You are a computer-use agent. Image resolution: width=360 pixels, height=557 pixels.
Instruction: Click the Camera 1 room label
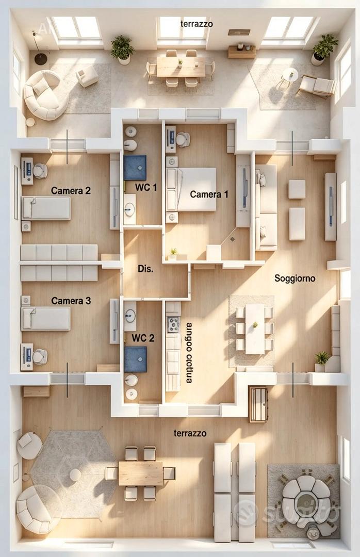pos(209,194)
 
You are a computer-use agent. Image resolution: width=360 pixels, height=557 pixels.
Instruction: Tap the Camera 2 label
pos(71,191)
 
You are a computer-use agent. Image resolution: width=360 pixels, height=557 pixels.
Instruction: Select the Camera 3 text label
pos(71,301)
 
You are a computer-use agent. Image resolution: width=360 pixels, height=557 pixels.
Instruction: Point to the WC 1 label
pos(146,187)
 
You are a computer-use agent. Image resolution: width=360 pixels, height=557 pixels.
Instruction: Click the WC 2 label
pos(143,338)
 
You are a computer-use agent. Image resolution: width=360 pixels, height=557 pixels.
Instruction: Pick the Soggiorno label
pos(294,278)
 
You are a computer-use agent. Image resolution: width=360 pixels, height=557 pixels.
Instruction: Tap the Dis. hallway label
pos(146,269)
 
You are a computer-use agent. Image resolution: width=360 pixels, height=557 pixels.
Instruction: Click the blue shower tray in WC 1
pos(135,167)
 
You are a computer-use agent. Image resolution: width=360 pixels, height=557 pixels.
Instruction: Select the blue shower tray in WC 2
pos(136,359)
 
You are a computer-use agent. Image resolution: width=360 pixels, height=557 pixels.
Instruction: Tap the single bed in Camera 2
pos(46,208)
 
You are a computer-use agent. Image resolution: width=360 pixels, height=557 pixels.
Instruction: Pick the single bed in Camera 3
pos(46,319)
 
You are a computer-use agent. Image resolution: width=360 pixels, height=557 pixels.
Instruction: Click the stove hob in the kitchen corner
pos(173,324)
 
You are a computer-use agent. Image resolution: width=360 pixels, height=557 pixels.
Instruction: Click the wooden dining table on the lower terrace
pos(140,473)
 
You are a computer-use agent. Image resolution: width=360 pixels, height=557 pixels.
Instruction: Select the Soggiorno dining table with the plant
pos(255,329)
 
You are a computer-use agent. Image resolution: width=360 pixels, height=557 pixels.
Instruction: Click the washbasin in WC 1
pos(129,209)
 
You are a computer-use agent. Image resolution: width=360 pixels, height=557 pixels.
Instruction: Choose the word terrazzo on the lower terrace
pos(190,433)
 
